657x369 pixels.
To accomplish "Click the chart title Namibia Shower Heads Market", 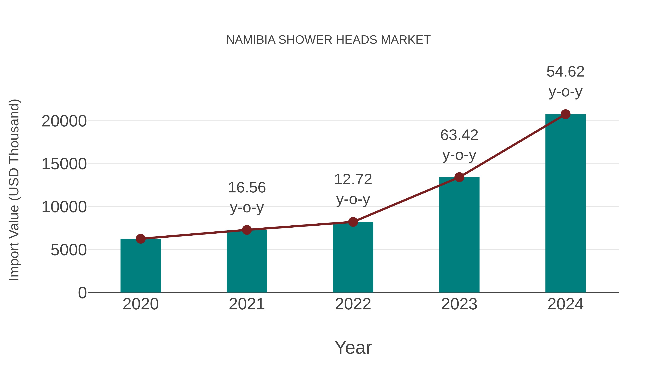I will [328, 40].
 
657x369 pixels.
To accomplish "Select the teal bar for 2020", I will [141, 266].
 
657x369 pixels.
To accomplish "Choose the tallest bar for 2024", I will [565, 204].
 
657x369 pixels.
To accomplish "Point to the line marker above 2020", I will [141, 239].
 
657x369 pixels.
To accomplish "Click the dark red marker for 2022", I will [353, 222].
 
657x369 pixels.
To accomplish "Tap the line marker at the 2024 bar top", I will [565, 114].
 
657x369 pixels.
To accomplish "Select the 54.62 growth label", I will [565, 72].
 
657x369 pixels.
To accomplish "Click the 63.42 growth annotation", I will [459, 135].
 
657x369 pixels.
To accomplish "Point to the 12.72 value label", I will [353, 179].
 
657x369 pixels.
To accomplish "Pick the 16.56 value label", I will [247, 188].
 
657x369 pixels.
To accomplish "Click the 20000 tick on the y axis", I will [64, 121].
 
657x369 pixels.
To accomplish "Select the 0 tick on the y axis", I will [82, 293].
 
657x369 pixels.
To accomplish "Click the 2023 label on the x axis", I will [459, 304].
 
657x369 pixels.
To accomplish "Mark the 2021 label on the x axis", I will [247, 304].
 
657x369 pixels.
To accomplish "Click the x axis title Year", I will [353, 348].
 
